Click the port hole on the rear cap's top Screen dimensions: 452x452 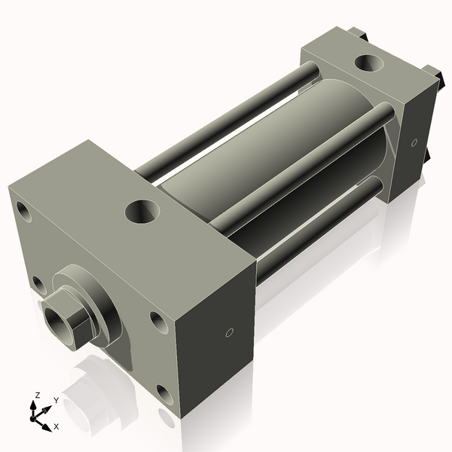(370, 65)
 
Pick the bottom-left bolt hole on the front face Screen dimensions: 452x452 (38, 284)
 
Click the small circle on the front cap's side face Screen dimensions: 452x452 (231, 331)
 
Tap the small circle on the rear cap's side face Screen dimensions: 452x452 (414, 142)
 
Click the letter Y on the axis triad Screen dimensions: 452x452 (55, 401)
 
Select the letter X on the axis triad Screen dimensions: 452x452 (56, 426)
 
